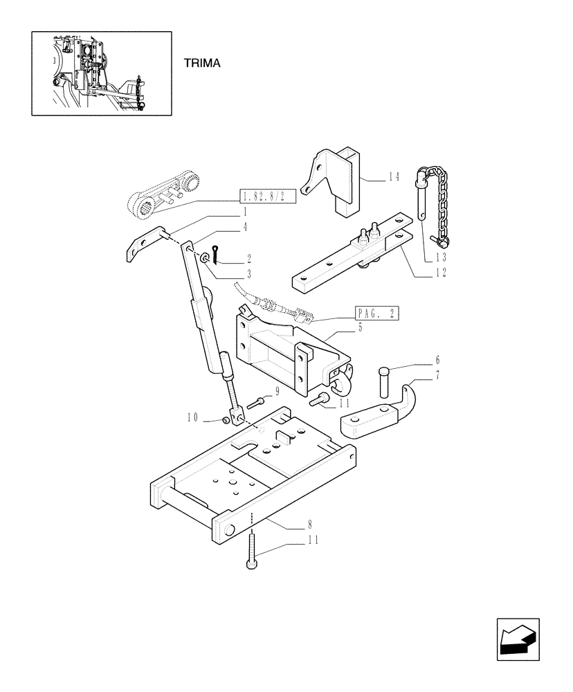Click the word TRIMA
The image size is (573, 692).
[201, 63]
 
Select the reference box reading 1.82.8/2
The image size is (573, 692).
[269, 197]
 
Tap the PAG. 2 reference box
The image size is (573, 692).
[376, 313]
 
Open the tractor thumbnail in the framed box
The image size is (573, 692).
[101, 73]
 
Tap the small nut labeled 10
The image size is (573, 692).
[226, 419]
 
